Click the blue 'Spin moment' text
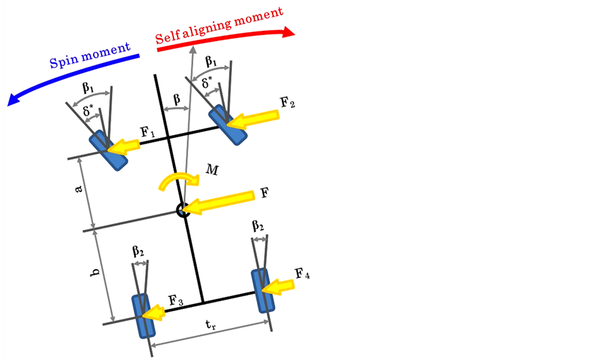[90, 57]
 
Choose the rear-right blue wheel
[263, 289]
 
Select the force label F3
[175, 302]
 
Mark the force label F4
[302, 274]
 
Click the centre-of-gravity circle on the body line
[183, 210]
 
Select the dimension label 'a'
[79, 189]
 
